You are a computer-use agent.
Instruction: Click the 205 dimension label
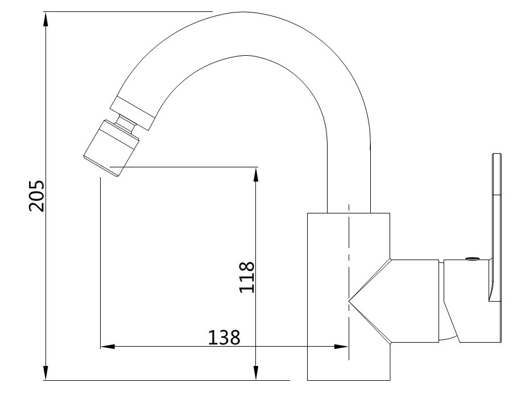36,195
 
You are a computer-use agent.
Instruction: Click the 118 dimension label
247,277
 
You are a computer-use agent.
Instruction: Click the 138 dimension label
224,338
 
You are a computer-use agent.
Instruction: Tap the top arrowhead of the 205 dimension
46,20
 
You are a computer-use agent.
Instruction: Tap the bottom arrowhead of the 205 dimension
46,373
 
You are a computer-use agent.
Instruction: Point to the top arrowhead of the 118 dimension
256,175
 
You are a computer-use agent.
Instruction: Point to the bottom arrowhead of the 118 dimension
256,373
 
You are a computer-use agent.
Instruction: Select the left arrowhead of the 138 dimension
108,347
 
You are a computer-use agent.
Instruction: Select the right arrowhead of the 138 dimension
341,347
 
